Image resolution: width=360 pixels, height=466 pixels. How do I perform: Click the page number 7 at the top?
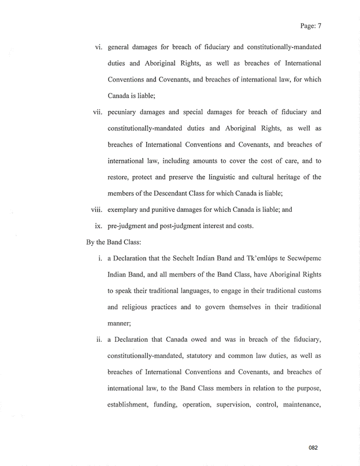click(319, 25)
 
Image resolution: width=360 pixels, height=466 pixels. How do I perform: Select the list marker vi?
click(99, 46)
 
